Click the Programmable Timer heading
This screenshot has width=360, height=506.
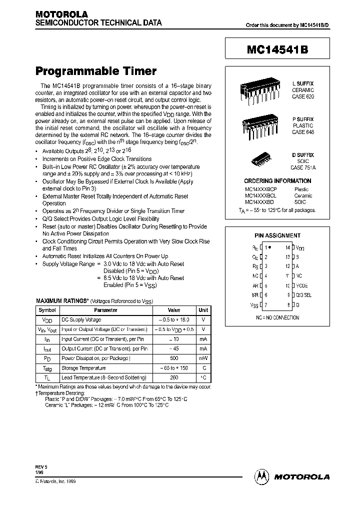95,71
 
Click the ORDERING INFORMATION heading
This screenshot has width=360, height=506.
277,181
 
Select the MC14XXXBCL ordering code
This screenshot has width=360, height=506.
260,196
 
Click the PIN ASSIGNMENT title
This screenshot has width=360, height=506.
277,235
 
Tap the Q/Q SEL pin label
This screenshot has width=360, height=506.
304,295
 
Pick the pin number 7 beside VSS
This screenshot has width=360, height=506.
266,305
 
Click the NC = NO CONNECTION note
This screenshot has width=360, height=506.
277,317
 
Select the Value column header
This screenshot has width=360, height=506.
173,310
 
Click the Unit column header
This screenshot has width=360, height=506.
203,310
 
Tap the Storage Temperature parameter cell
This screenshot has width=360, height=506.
83,368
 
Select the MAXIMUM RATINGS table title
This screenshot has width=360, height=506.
62,301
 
